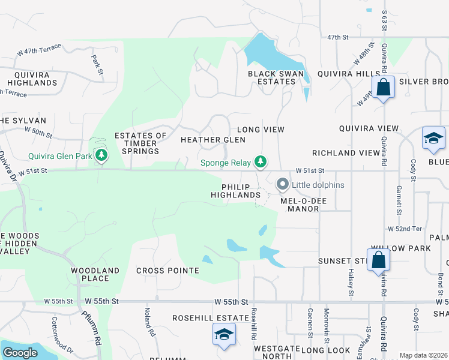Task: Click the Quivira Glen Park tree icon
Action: click(102, 157)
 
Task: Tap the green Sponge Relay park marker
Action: click(260, 161)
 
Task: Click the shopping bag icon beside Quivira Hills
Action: click(384, 88)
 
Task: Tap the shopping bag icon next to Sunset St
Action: click(379, 260)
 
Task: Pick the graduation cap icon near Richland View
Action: click(433, 139)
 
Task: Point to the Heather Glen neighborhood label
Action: click(213, 140)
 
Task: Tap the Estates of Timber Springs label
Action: click(140, 143)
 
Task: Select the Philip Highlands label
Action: click(235, 191)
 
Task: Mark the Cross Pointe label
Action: click(167, 271)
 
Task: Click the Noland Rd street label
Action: click(146, 322)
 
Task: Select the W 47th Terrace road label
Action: click(39, 52)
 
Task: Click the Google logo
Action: click(20, 353)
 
